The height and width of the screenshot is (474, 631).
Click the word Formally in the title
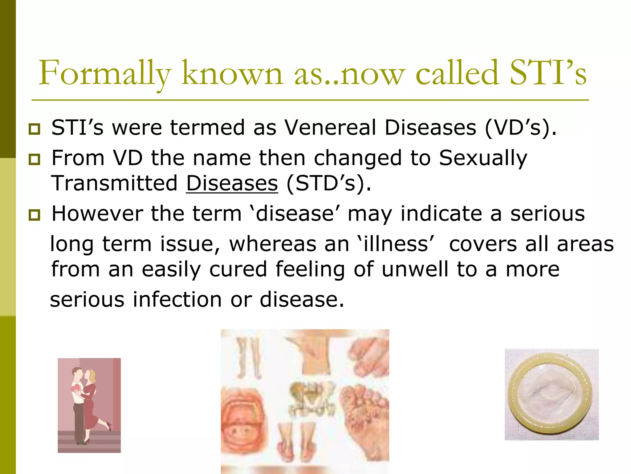[105, 74]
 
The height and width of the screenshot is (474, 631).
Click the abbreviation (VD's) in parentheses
[521, 127]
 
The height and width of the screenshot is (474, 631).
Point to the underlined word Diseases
[232, 183]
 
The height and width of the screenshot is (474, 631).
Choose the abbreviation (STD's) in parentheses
[328, 183]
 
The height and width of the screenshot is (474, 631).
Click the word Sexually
[483, 158]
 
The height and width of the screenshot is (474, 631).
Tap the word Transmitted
[114, 183]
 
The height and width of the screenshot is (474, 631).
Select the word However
[97, 214]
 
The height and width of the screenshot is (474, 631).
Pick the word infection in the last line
[177, 300]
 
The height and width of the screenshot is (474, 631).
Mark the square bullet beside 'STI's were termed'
[34, 129]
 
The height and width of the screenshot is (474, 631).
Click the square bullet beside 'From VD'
[34, 159]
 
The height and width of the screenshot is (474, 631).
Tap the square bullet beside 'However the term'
[34, 214]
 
